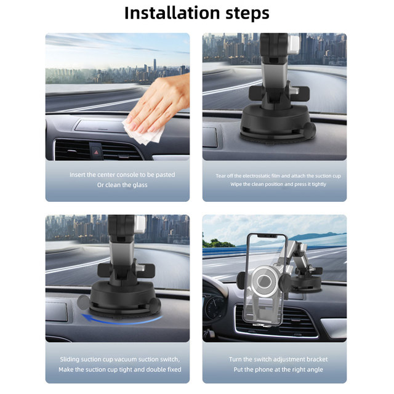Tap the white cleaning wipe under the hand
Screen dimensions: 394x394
(143, 132)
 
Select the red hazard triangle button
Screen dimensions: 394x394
(96, 152)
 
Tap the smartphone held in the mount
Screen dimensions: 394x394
(265, 279)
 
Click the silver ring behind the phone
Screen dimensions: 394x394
(264, 281)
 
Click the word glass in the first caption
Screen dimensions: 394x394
(140, 185)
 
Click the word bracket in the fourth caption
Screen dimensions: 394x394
(316, 360)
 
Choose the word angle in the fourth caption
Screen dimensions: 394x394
(315, 370)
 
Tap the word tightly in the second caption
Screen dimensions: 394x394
(319, 185)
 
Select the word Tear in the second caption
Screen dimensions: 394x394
(220, 176)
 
